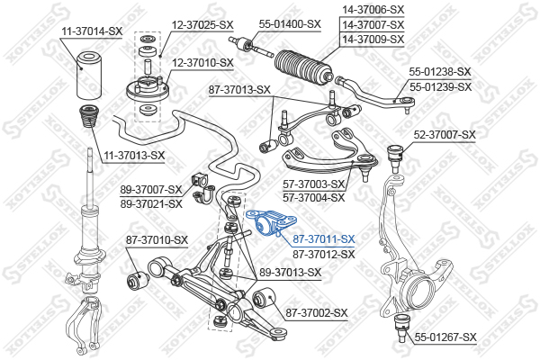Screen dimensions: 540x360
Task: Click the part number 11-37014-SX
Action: tap(92, 31)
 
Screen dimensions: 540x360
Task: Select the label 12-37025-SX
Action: tap(202, 25)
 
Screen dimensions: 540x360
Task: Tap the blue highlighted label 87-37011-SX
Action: tap(323, 239)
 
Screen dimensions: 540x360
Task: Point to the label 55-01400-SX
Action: tap(290, 24)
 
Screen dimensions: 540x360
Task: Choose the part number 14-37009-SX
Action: tap(373, 40)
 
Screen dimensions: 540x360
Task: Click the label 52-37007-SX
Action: tap(445, 135)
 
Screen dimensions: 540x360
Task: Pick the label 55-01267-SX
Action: tap(445, 337)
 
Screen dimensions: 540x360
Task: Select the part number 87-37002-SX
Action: tap(317, 313)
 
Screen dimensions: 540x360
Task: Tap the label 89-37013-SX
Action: tap(290, 273)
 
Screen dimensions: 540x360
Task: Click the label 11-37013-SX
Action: tap(134, 156)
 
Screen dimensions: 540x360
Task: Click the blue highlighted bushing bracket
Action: tap(272, 223)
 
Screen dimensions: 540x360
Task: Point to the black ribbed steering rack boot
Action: tap(303, 67)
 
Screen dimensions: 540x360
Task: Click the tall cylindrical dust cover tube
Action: tap(88, 75)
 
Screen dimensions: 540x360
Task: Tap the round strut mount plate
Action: tap(148, 89)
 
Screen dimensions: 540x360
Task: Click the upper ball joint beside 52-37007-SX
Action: tap(395, 157)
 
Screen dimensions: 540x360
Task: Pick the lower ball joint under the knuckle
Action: tap(400, 328)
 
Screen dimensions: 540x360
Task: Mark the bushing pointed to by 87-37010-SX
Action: tap(137, 280)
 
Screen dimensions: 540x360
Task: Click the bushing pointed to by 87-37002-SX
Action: tap(264, 298)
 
